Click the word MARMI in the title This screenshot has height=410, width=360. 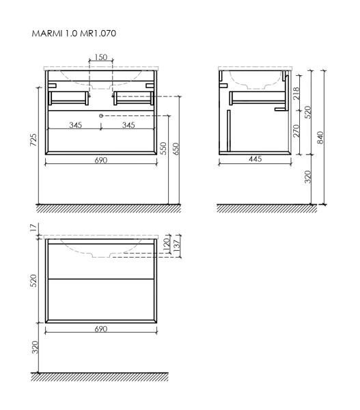[46, 32]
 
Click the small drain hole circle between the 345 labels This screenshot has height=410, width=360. [101, 117]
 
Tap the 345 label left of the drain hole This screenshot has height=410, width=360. [75, 126]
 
